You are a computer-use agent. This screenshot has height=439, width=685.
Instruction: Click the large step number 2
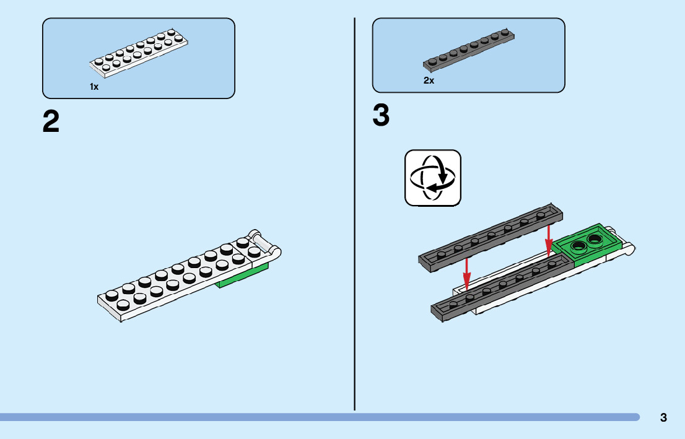[51, 121]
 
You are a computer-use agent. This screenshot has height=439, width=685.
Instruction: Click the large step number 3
[381, 115]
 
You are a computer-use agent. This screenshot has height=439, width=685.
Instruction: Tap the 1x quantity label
[94, 87]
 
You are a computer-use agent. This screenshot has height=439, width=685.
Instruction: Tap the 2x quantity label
[429, 80]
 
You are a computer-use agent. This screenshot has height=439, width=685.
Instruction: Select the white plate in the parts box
[139, 53]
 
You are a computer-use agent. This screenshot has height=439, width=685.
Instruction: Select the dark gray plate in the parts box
[468, 50]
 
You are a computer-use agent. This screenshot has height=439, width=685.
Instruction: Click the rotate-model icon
[432, 178]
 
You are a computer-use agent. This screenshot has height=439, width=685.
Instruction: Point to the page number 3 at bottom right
[663, 417]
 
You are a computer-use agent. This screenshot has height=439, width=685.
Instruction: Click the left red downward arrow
[466, 274]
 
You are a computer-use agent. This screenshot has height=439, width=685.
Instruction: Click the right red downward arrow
[549, 241]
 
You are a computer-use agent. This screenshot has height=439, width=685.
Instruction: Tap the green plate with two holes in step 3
[585, 243]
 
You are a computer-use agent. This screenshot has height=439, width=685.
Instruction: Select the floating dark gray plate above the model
[491, 237]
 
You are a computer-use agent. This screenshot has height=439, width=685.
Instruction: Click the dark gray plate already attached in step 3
[502, 287]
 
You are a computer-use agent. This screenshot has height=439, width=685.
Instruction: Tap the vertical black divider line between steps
[354, 214]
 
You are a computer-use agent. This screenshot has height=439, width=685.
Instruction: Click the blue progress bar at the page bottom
[320, 417]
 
